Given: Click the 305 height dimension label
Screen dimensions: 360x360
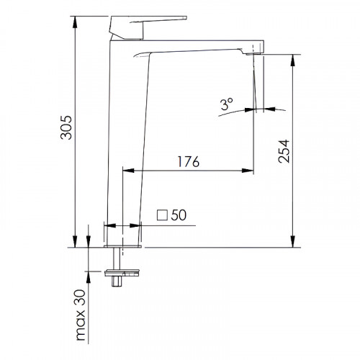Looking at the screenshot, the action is click(66, 127).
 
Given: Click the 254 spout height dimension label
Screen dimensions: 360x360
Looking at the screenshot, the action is click(284, 151).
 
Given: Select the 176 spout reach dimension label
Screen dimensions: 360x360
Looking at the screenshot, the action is click(189, 161).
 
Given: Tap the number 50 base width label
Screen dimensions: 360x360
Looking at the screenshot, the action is click(179, 215).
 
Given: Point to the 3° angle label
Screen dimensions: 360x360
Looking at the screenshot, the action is click(227, 104).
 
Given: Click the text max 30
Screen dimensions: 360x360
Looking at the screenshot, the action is click(81, 315).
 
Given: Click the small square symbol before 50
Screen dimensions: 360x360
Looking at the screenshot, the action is click(162, 215).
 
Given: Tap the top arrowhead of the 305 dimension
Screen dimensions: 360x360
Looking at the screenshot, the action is click(75, 22).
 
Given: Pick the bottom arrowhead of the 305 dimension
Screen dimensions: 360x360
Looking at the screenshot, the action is click(75, 242).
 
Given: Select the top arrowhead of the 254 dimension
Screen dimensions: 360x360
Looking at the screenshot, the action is click(292, 60).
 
